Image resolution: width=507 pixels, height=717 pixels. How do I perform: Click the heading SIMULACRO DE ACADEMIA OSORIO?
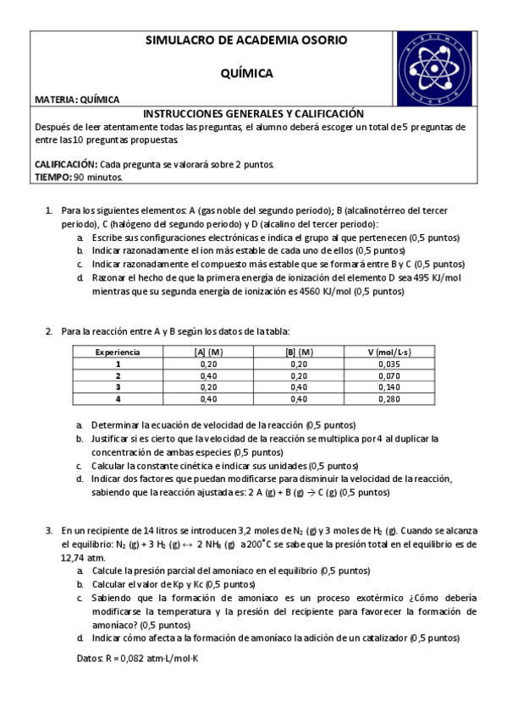[x=246, y=41]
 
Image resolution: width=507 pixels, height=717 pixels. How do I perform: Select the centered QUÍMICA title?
[x=246, y=74]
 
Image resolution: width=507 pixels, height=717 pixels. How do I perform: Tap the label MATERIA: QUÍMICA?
[x=77, y=100]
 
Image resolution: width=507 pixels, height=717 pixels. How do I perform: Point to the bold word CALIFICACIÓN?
[x=66, y=164]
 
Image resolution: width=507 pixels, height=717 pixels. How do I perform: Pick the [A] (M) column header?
[x=208, y=352]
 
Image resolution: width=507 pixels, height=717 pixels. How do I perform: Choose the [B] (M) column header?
[x=299, y=352]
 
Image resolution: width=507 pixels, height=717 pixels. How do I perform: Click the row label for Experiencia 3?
[x=118, y=386]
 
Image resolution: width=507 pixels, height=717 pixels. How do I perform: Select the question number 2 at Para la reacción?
[x=49, y=331]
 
